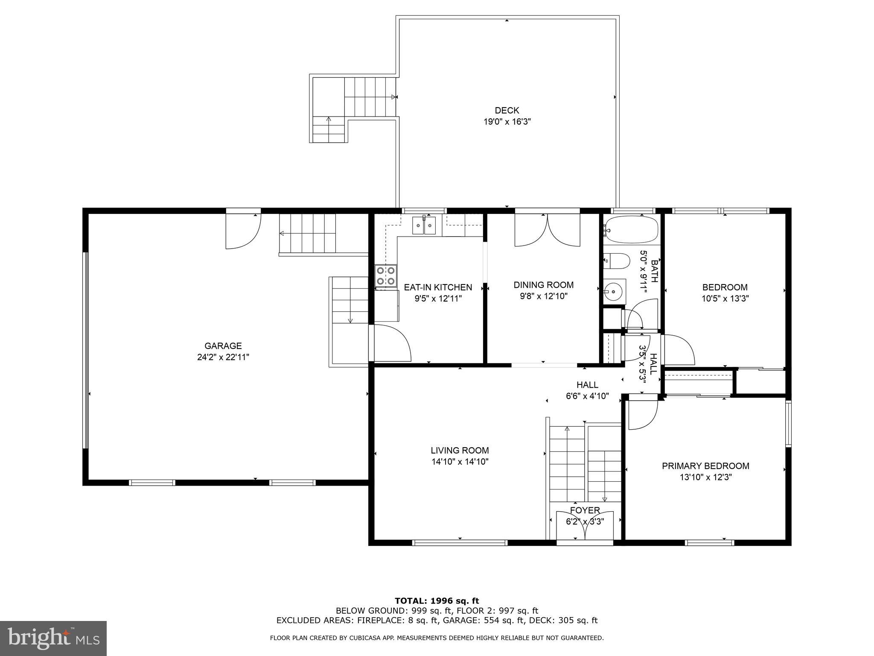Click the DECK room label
(x=507, y=111)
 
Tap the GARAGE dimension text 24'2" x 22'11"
(x=223, y=357)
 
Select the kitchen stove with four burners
(x=386, y=276)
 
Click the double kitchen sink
(x=424, y=226)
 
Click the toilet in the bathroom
(x=617, y=261)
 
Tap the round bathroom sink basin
(x=614, y=291)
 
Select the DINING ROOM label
(x=543, y=285)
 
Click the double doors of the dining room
(x=547, y=231)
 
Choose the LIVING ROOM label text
(x=460, y=450)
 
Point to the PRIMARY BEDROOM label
(x=705, y=466)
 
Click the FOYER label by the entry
(x=585, y=510)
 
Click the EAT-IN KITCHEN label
(x=438, y=287)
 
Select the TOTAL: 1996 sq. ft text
(x=437, y=601)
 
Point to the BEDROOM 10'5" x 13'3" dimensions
(x=725, y=299)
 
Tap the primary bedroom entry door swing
(x=643, y=415)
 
